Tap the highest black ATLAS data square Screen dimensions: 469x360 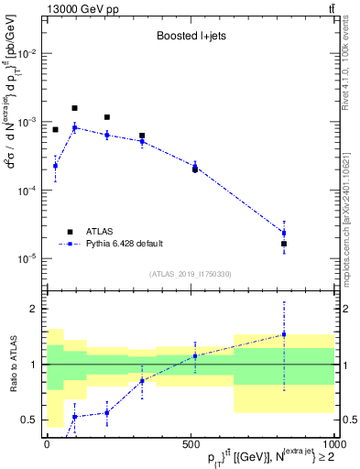[74, 108]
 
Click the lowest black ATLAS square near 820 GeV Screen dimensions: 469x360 [284, 244]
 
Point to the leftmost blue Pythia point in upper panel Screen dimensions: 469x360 [55, 166]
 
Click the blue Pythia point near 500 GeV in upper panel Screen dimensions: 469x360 [194, 167]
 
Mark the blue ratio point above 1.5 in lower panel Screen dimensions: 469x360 [284, 333]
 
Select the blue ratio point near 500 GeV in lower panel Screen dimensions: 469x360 [194, 355]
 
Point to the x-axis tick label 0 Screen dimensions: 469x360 [47, 443]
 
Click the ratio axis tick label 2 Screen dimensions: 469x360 [34, 309]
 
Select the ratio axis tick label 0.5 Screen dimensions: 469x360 [29, 420]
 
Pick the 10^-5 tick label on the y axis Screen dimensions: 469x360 [27, 259]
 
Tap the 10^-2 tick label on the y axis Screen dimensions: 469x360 [27, 54]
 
